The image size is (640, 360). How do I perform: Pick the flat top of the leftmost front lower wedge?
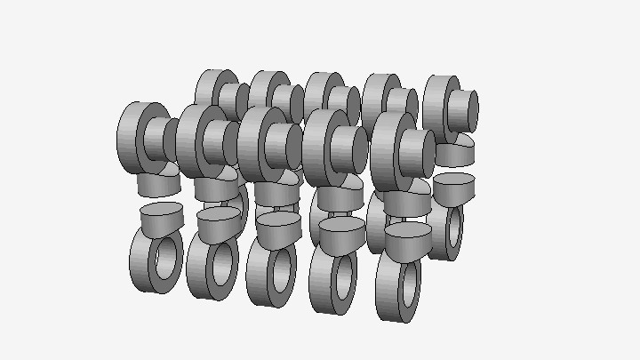click(x=161, y=210)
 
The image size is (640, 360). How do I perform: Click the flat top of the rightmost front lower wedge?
click(x=408, y=229)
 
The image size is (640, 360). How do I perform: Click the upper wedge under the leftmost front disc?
click(x=158, y=184)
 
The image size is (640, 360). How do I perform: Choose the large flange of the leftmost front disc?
click(x=133, y=133)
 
